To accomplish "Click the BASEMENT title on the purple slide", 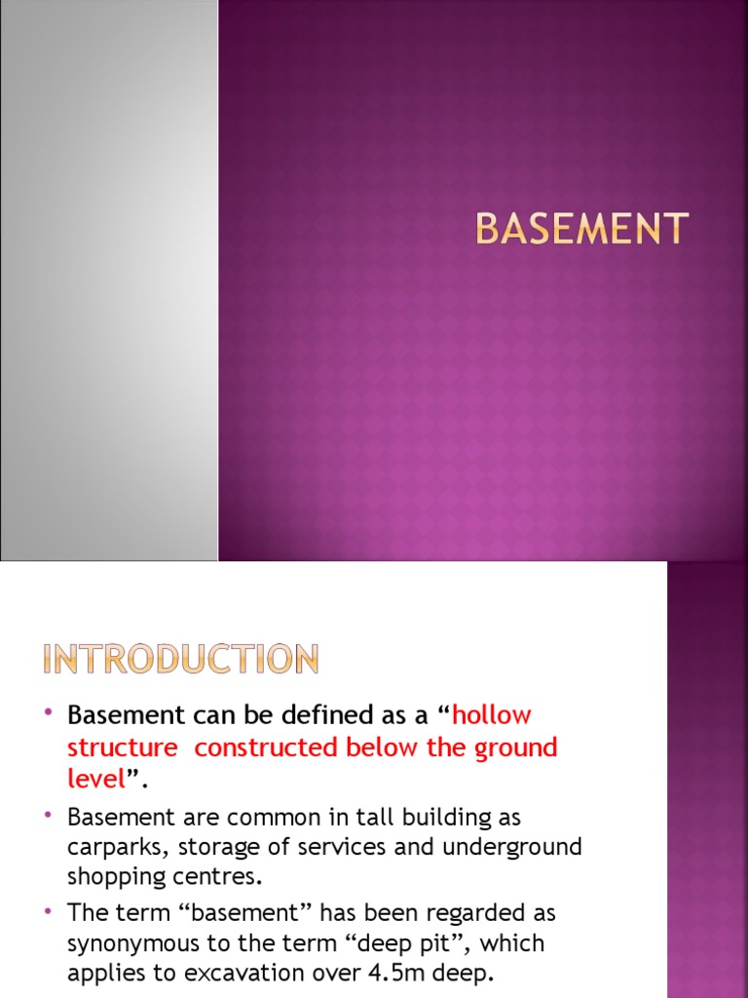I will pos(581,230).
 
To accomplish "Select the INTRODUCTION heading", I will pos(181,661).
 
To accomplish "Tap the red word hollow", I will pos(492,714).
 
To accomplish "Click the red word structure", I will pos(123,748).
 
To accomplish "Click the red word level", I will pos(96,780).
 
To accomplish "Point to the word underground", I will pos(512,847).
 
